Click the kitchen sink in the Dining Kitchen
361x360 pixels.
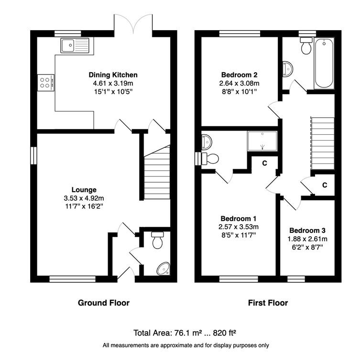(x=75, y=45)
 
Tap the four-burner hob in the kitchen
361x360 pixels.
(x=46, y=83)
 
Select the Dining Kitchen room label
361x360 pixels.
(x=113, y=75)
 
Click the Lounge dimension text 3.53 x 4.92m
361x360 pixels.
(x=84, y=198)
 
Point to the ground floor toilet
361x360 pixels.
(x=157, y=240)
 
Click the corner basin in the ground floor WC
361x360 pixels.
(x=164, y=269)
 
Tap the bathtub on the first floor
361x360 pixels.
(x=324, y=63)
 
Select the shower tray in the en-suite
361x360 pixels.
(x=262, y=141)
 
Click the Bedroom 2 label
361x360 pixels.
(x=239, y=75)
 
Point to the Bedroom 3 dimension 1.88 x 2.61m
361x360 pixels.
(x=307, y=239)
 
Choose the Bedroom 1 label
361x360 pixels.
(x=238, y=218)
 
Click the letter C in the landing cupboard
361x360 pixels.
(x=325, y=185)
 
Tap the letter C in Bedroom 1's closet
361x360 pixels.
(x=264, y=163)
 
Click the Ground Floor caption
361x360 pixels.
(x=104, y=303)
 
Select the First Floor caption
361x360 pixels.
(x=268, y=303)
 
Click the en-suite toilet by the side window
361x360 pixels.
(x=210, y=159)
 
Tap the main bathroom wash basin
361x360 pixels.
(x=288, y=68)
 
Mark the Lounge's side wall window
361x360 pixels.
(x=33, y=155)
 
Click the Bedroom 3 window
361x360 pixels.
(x=296, y=279)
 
